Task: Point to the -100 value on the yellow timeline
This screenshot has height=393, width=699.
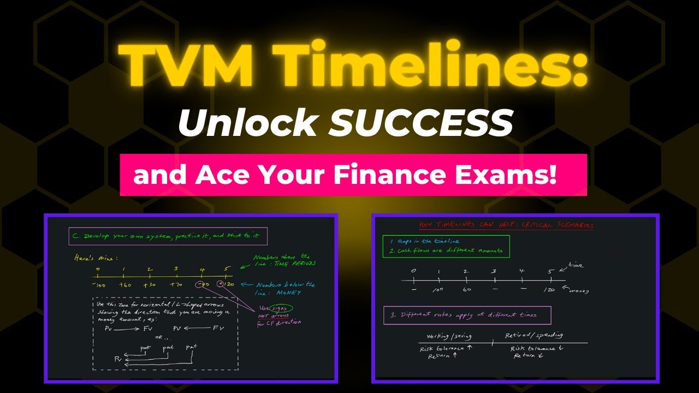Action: [x=98, y=284]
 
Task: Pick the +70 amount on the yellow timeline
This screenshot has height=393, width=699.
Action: [x=176, y=284]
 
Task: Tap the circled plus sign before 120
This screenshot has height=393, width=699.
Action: [x=220, y=284]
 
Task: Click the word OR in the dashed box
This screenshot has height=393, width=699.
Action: [x=159, y=337]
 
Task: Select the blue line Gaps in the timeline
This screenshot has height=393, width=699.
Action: [x=425, y=241]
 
